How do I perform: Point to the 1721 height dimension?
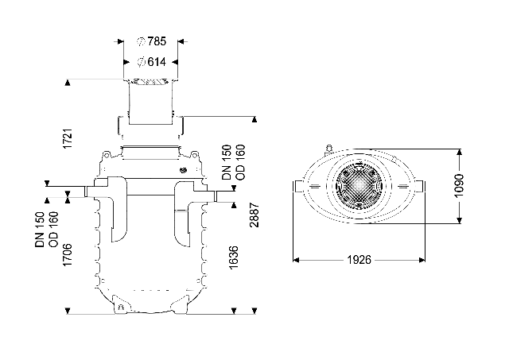[x=68, y=139]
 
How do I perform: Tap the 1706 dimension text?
[x=68, y=255]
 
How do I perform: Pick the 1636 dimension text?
[x=233, y=257]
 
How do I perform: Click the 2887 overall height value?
[x=254, y=215]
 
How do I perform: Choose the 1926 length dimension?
[x=359, y=260]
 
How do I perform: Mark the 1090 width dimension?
[x=459, y=186]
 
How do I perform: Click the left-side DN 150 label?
[x=40, y=230]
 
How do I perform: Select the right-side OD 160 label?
[x=240, y=162]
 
